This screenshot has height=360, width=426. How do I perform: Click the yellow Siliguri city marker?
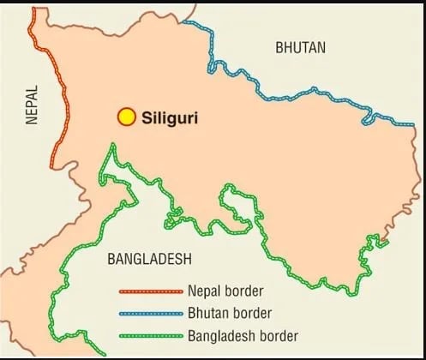tap(127, 117)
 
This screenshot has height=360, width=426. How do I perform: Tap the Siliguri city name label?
tap(169, 117)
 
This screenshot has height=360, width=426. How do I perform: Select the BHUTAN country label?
tap(300, 49)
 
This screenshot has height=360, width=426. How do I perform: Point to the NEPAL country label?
tap(32, 105)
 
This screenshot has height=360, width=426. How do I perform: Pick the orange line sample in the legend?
tap(151, 291)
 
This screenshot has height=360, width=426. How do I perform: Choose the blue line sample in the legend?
tap(151, 313)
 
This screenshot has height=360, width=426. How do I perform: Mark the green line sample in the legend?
tap(151, 336)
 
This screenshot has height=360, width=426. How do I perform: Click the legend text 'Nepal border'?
tap(225, 291)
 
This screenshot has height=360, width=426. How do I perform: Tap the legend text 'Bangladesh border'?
tap(242, 336)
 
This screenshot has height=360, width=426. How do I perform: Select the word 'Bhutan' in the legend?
tap(206, 313)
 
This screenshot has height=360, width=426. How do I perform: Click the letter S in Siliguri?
tap(147, 117)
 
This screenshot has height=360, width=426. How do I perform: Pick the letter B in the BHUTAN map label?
tap(279, 49)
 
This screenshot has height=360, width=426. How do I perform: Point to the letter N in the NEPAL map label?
tap(32, 121)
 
